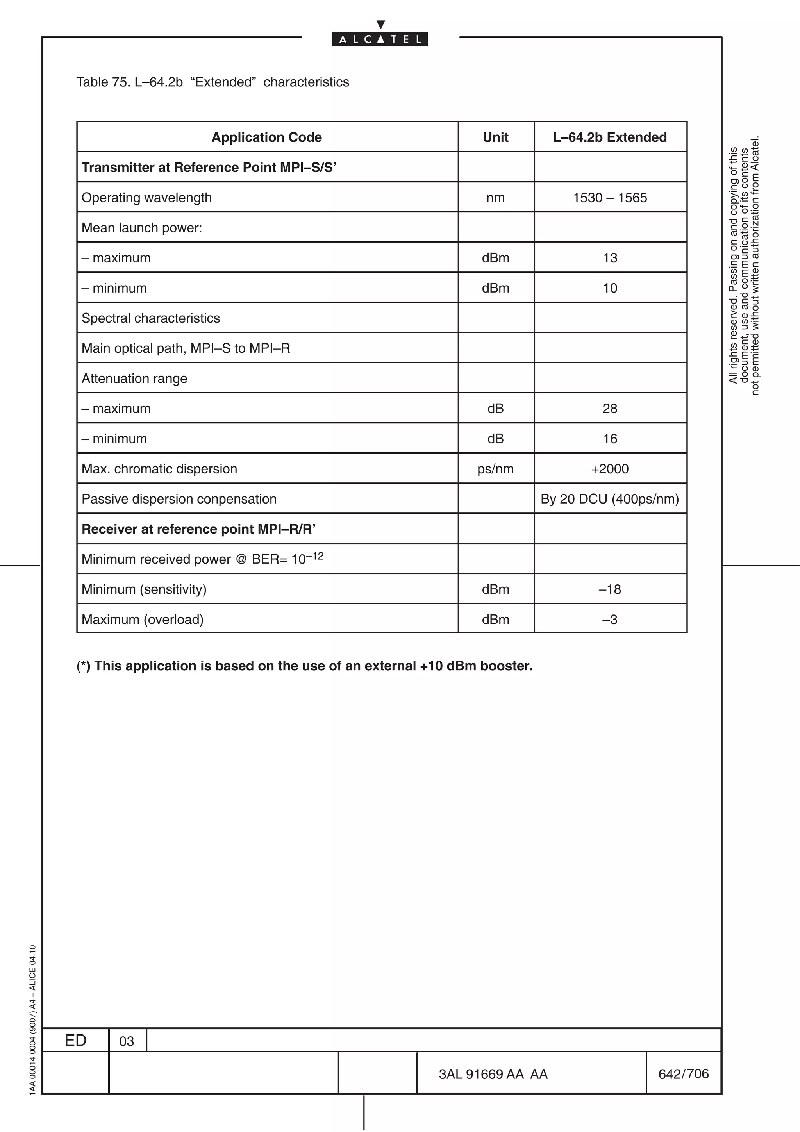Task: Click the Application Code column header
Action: [x=267, y=137]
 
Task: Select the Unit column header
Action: [x=495, y=137]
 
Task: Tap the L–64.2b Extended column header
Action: [x=610, y=137]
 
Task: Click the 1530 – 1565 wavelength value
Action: [x=610, y=198]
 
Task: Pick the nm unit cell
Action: [x=495, y=198]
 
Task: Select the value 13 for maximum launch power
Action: [x=610, y=258]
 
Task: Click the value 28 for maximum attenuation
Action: [x=610, y=408]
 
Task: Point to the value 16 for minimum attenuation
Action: [x=610, y=439]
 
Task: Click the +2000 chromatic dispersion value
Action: [x=610, y=469]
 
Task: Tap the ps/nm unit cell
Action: [x=495, y=469]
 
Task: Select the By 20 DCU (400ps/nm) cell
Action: [x=610, y=499]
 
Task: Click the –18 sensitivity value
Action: [x=610, y=589]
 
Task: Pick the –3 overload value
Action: [x=610, y=619]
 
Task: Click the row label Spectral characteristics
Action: [x=150, y=318]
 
